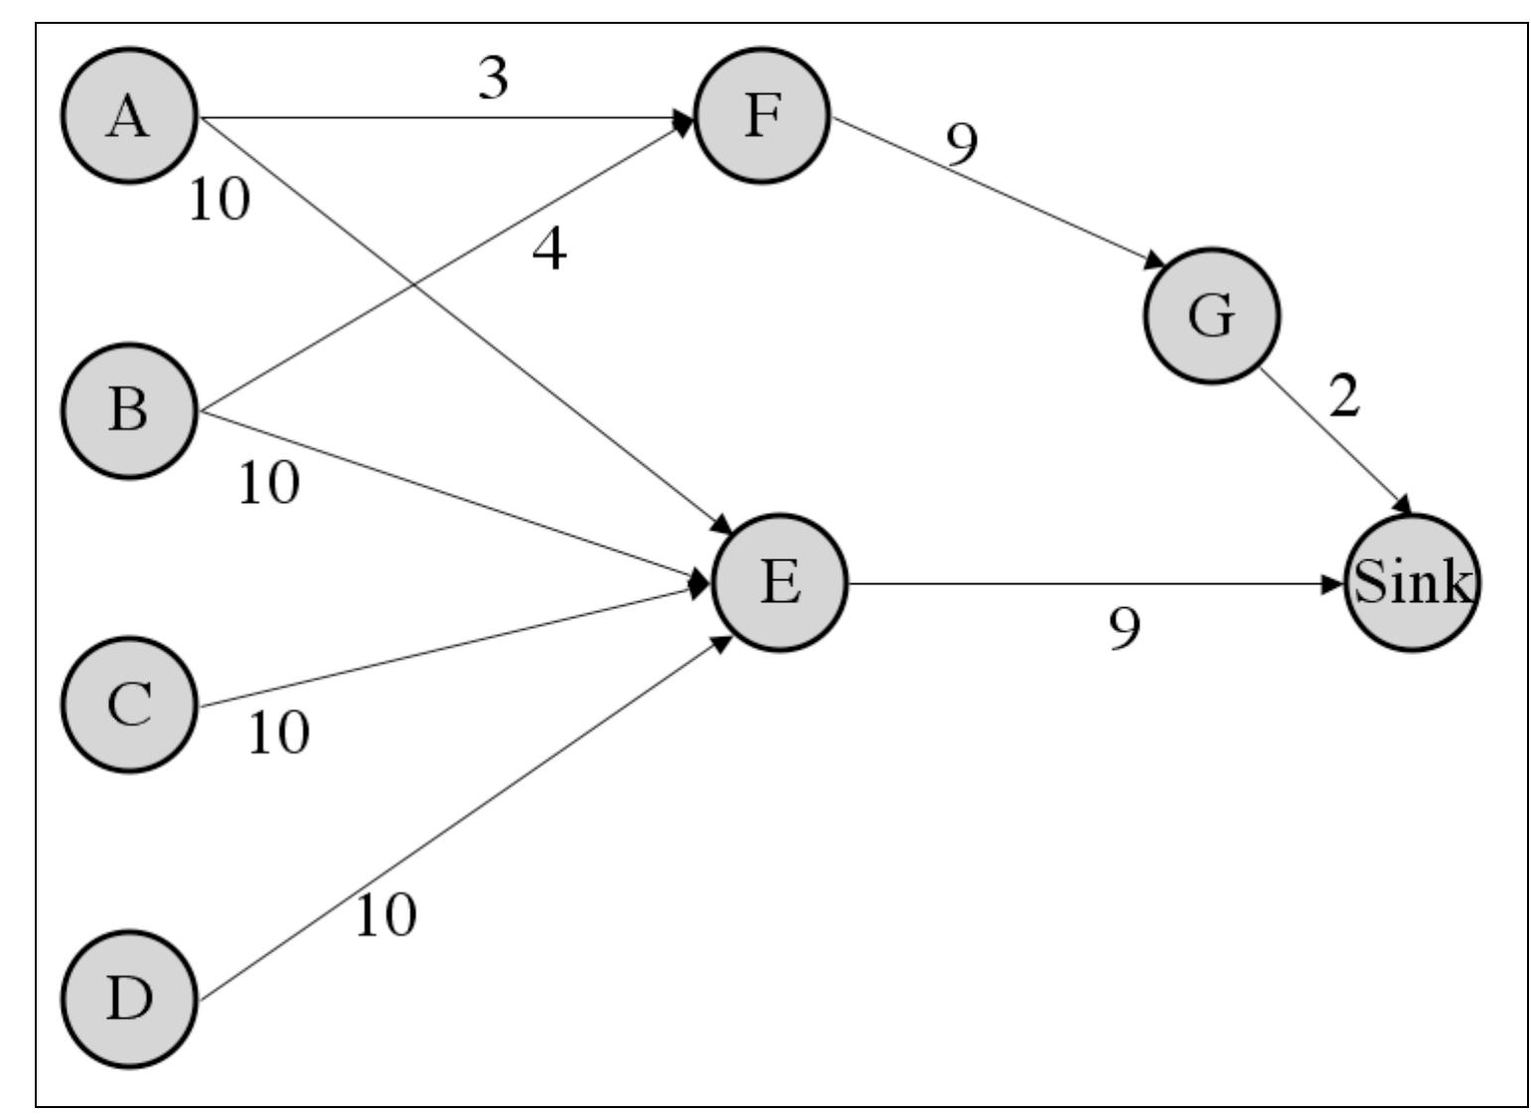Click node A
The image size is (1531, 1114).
(x=129, y=115)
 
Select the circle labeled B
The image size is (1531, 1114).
(x=129, y=410)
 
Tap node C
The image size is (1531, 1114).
(x=129, y=705)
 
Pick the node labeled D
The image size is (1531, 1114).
(x=129, y=999)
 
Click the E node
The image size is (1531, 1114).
(x=780, y=582)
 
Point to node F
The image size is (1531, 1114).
(x=761, y=115)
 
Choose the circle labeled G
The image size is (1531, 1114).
(x=1211, y=315)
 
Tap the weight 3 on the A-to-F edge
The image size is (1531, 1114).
(x=493, y=80)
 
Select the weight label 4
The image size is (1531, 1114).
(x=549, y=249)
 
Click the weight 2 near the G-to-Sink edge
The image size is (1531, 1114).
(x=1343, y=398)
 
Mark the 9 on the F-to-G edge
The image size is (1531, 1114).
(x=961, y=146)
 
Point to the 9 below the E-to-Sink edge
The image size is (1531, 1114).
(x=1125, y=629)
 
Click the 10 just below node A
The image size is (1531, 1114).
(x=220, y=200)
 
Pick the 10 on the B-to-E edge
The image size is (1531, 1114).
(x=268, y=484)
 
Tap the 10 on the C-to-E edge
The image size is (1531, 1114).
(x=278, y=733)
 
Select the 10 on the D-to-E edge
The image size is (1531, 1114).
(x=385, y=915)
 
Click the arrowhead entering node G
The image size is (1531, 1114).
(x=1153, y=262)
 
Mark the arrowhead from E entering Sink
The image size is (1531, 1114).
(x=1333, y=583)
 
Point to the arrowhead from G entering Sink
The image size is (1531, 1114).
(x=1403, y=506)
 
